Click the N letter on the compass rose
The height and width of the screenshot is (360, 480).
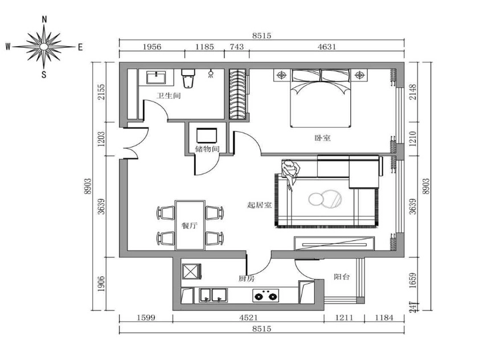point(44,19)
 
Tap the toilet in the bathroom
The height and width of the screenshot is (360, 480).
point(188,78)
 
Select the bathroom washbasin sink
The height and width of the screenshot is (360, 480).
point(156,77)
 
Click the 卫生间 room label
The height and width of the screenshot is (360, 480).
point(169,96)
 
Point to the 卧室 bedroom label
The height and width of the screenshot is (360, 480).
point(323,138)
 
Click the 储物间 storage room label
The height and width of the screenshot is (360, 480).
point(207,149)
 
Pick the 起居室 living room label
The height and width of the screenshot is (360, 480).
point(259,205)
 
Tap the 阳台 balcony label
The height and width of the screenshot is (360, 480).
point(342,277)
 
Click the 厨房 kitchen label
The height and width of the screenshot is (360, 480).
point(247,279)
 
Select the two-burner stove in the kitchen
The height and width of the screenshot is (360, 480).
point(266,296)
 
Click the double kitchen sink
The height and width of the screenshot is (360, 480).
point(214,295)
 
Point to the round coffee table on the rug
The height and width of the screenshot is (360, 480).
point(325,199)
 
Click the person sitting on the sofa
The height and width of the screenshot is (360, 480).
point(290,174)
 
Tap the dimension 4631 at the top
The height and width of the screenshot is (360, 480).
point(327,47)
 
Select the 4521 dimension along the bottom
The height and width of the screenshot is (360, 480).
point(248,318)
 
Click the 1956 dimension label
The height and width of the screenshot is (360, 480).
point(152,47)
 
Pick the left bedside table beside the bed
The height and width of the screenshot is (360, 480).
point(282,75)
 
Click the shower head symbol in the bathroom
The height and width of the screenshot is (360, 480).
point(211,74)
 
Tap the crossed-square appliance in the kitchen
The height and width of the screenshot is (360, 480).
point(192,271)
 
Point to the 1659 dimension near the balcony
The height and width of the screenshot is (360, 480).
point(413,280)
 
